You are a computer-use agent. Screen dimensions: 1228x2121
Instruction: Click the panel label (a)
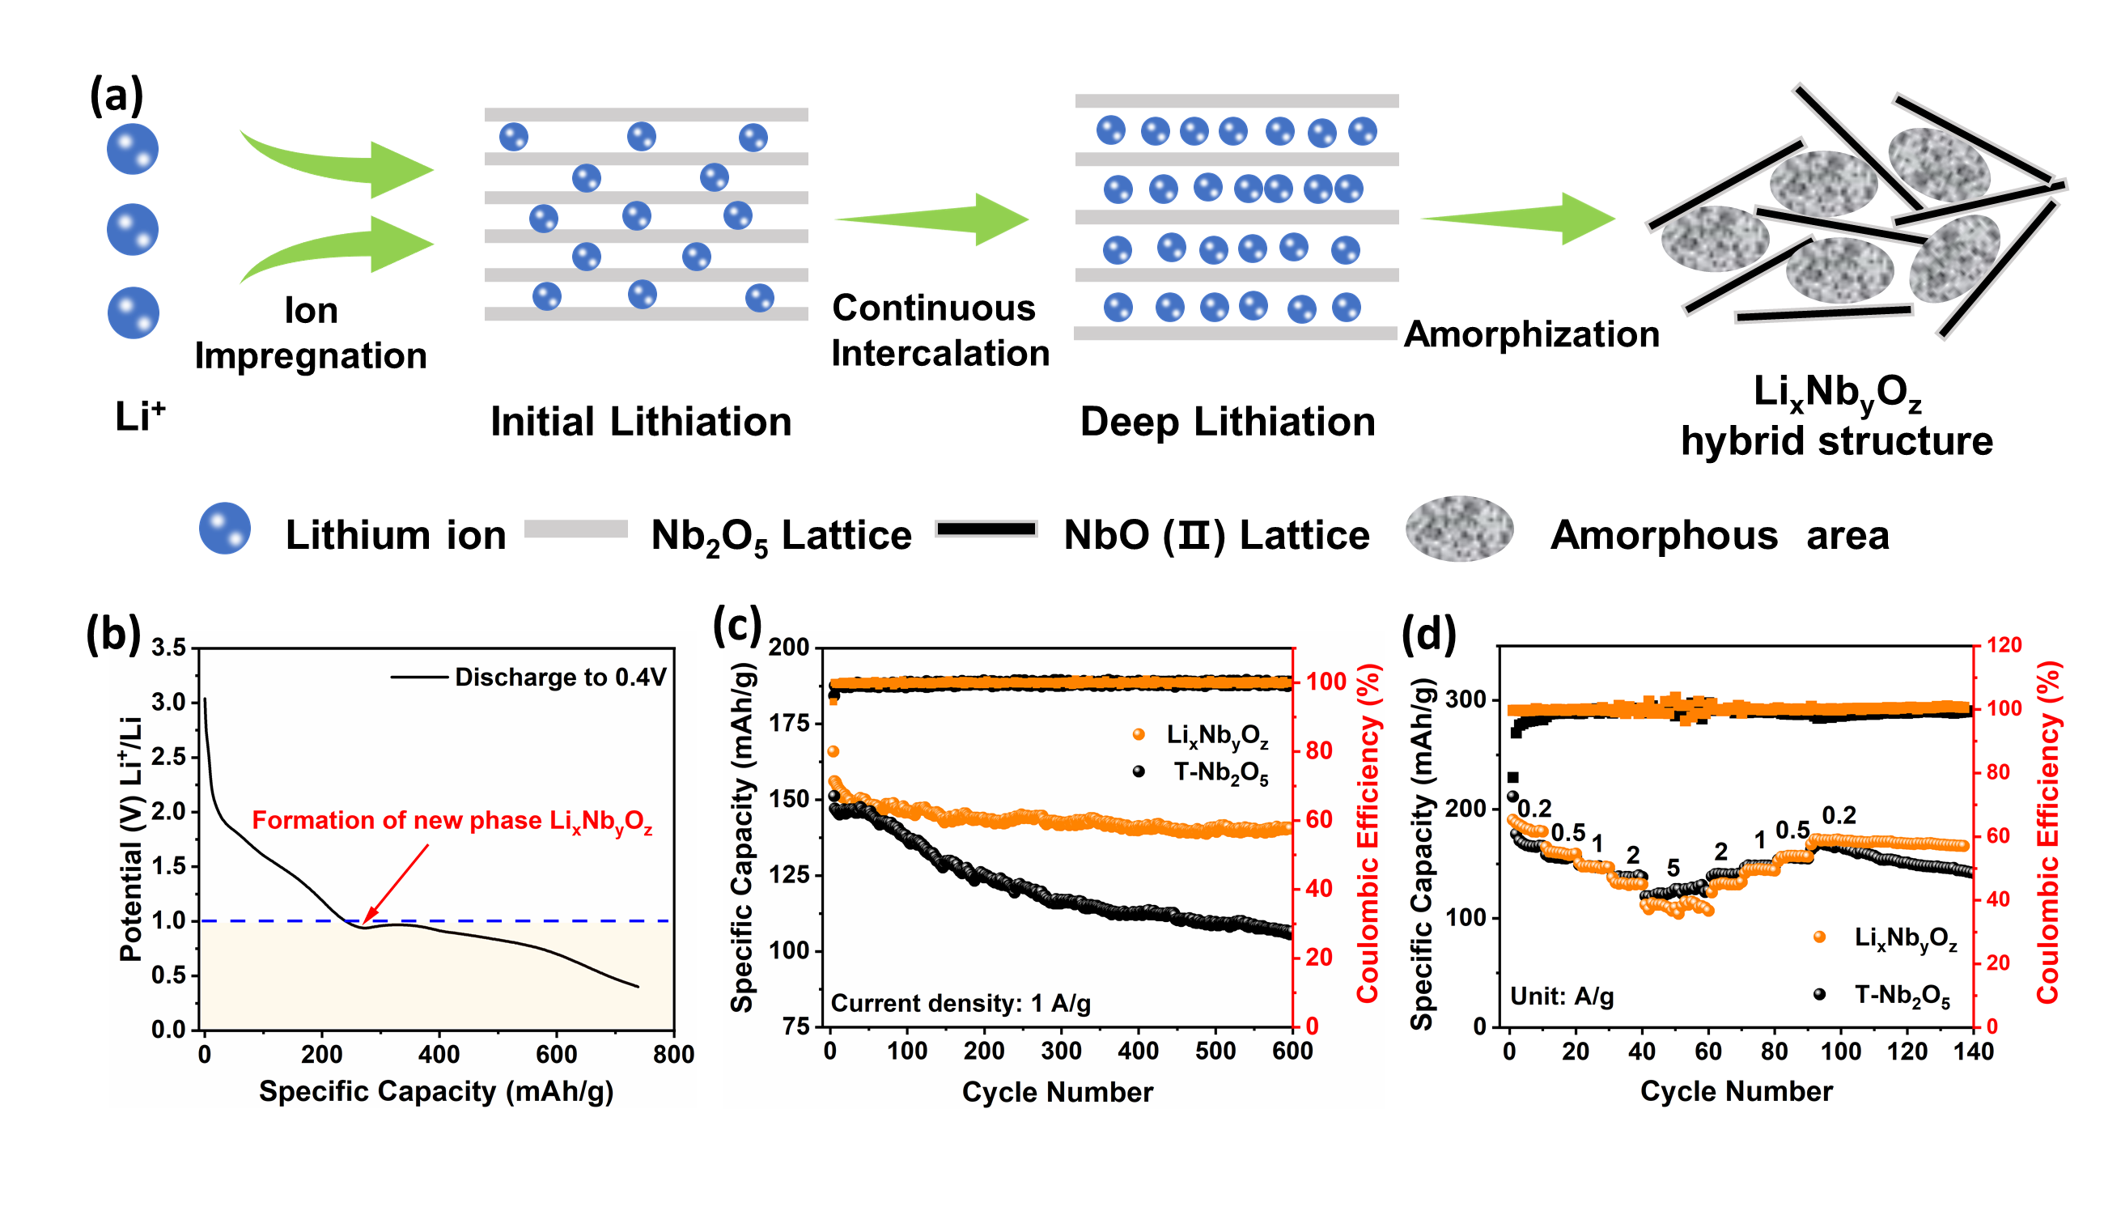tap(117, 94)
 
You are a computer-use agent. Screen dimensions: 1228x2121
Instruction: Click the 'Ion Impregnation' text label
tap(311, 334)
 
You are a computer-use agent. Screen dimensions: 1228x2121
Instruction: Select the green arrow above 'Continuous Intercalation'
tap(934, 219)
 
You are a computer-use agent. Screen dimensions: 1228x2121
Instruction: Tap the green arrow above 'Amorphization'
tap(1519, 218)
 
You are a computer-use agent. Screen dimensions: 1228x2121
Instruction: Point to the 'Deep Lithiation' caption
tap(1227, 422)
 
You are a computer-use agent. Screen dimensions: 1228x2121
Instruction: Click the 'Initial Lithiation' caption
tap(641, 422)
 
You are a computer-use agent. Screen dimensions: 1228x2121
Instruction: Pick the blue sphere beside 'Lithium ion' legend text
tap(225, 529)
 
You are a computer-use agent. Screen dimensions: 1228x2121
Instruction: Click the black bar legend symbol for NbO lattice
tap(986, 529)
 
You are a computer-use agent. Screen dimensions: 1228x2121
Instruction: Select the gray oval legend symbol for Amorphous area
tap(1458, 529)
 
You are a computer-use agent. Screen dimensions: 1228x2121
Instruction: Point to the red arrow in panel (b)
tap(396, 883)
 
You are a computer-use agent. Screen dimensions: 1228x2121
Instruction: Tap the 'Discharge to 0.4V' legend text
tap(560, 678)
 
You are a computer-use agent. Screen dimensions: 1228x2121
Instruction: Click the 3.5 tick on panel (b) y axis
tap(168, 648)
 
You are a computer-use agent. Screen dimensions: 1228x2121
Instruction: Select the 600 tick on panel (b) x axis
tap(556, 1055)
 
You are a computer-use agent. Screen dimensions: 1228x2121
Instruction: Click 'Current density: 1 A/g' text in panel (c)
tap(961, 1003)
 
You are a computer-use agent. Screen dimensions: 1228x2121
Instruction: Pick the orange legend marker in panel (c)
tap(1139, 735)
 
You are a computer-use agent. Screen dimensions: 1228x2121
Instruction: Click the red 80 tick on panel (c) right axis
tap(1319, 750)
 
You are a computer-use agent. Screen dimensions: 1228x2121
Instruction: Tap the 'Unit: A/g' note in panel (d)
tap(1561, 996)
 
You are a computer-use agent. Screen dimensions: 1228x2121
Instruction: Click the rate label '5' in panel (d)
tap(1673, 868)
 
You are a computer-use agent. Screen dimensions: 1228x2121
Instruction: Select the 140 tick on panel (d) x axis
tap(1973, 1052)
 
